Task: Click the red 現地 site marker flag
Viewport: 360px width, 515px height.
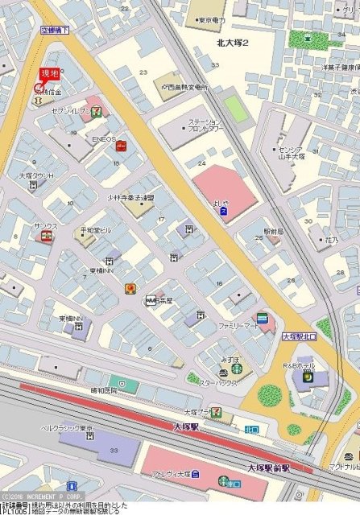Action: (x=50, y=74)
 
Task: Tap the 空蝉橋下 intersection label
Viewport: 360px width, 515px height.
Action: (x=56, y=30)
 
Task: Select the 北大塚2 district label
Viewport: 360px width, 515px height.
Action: (x=233, y=43)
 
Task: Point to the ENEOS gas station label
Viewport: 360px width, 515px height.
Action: (x=104, y=138)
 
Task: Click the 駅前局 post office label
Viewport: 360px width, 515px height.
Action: (x=274, y=230)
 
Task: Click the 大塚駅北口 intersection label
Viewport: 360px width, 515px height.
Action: (x=299, y=338)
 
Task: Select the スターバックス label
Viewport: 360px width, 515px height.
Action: (x=217, y=383)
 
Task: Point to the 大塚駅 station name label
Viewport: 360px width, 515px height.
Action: (x=185, y=426)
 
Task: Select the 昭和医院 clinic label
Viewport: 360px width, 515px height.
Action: (x=103, y=391)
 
